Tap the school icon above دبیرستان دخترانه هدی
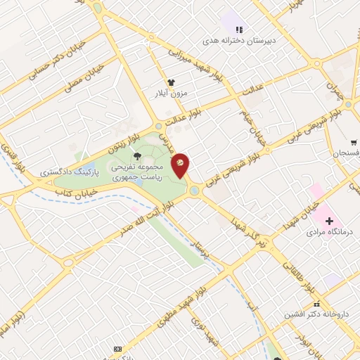point(239,30)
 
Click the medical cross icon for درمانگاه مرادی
point(329,220)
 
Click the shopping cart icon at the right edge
point(353,141)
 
